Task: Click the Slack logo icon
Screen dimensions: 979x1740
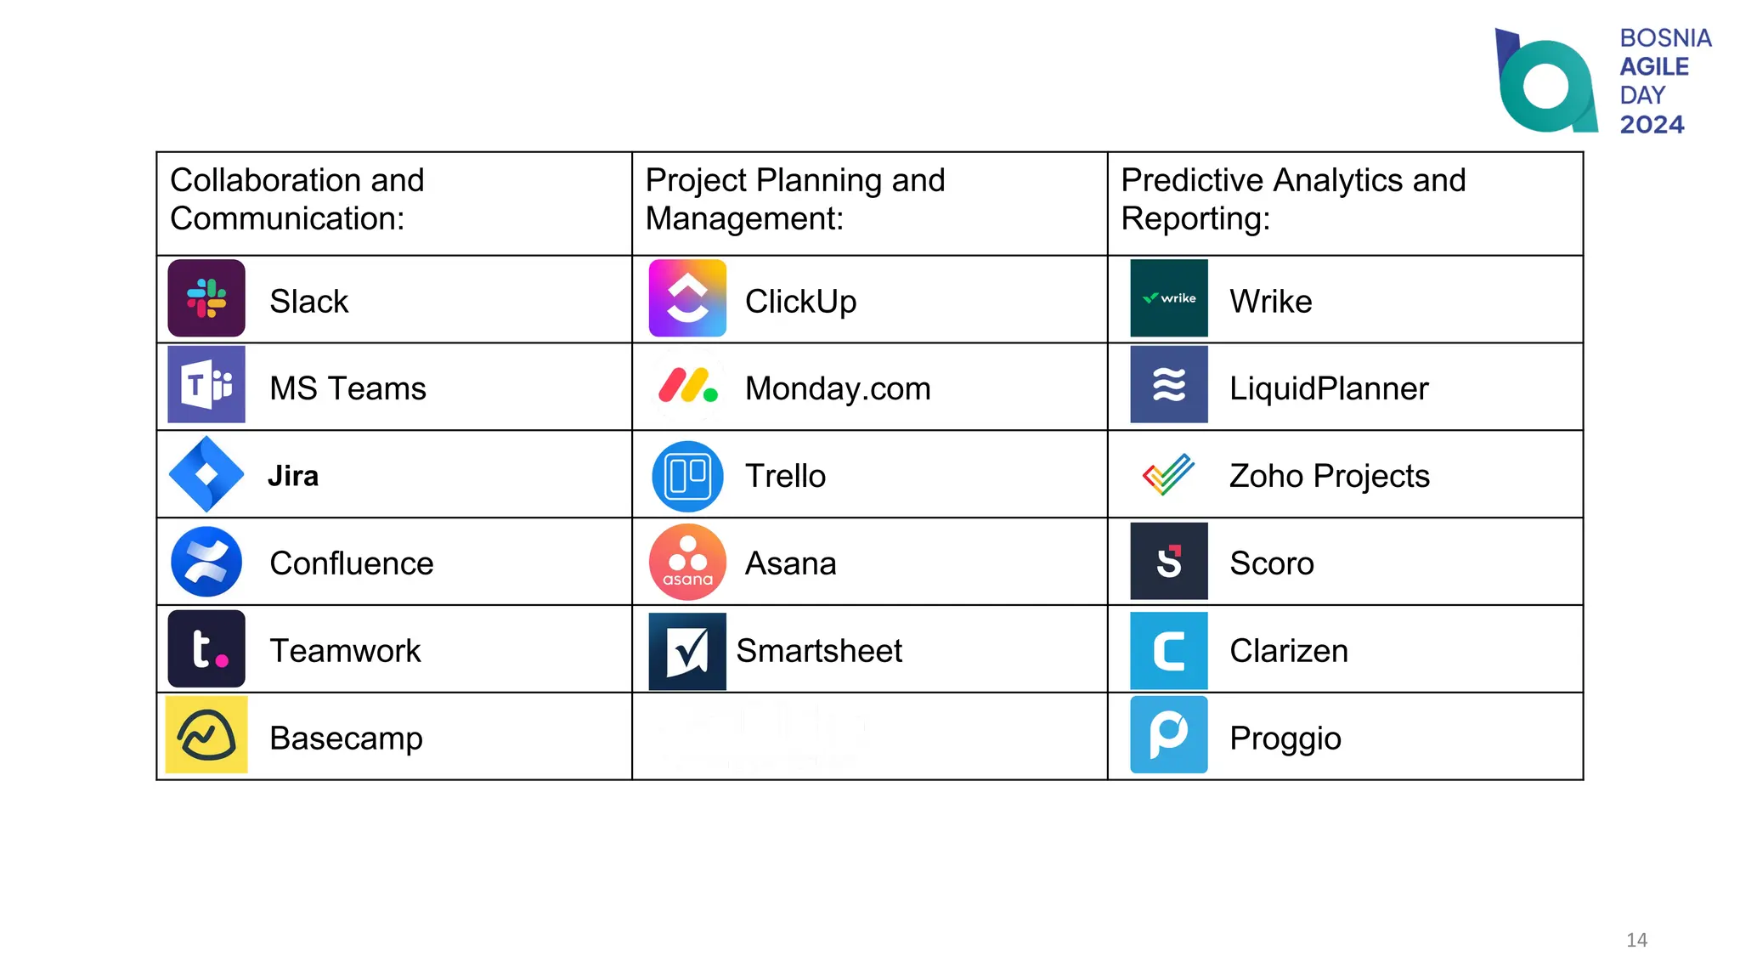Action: click(206, 298)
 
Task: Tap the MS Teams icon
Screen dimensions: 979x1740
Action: click(206, 385)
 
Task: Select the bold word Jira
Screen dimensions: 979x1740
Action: click(293, 476)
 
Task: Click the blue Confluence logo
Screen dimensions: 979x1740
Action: click(206, 562)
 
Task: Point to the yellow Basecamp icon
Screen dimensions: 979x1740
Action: click(206, 735)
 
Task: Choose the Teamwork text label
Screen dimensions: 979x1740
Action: click(345, 651)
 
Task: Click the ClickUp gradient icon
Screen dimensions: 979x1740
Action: click(687, 298)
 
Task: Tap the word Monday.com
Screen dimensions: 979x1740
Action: click(838, 389)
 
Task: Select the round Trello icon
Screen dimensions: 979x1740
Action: click(687, 476)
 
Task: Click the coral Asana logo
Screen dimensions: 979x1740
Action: click(687, 562)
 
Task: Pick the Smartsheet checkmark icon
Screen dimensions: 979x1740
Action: click(687, 651)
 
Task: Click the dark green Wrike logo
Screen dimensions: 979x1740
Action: click(1169, 298)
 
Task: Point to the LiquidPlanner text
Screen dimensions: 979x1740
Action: click(1329, 389)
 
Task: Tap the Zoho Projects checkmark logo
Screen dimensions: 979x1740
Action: click(1169, 474)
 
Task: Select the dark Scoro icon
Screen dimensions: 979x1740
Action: click(1169, 562)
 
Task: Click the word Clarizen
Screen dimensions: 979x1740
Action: click(1289, 651)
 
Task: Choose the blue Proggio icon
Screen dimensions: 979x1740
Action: click(1169, 735)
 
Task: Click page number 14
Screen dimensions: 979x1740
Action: click(1636, 940)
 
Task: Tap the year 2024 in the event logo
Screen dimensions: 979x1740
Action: click(1652, 125)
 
